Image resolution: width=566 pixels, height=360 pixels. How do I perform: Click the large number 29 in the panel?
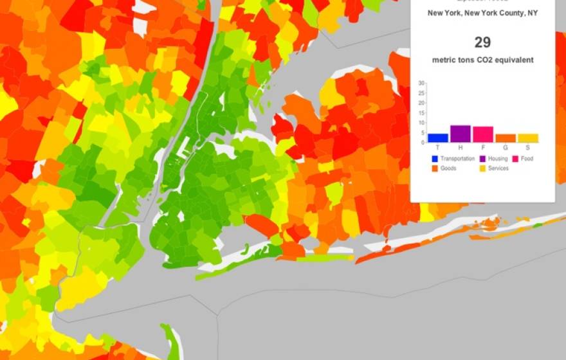point(482,42)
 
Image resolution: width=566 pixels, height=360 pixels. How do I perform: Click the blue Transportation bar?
point(438,138)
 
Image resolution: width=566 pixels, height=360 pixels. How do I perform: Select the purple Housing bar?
point(460,134)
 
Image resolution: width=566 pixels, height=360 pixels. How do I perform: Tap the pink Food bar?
point(483,134)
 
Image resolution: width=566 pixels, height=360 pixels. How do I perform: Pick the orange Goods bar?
point(506,138)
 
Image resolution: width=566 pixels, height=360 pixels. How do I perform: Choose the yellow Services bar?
point(528,138)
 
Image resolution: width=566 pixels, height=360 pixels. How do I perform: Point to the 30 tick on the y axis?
point(421,83)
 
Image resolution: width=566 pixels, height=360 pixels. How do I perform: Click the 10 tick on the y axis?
point(421,123)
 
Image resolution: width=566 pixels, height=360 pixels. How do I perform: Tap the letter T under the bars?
point(438,147)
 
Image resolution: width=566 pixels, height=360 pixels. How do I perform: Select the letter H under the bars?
point(460,147)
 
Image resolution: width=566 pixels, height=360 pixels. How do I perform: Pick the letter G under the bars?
point(506,147)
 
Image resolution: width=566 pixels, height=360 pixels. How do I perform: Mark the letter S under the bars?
point(528,147)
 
